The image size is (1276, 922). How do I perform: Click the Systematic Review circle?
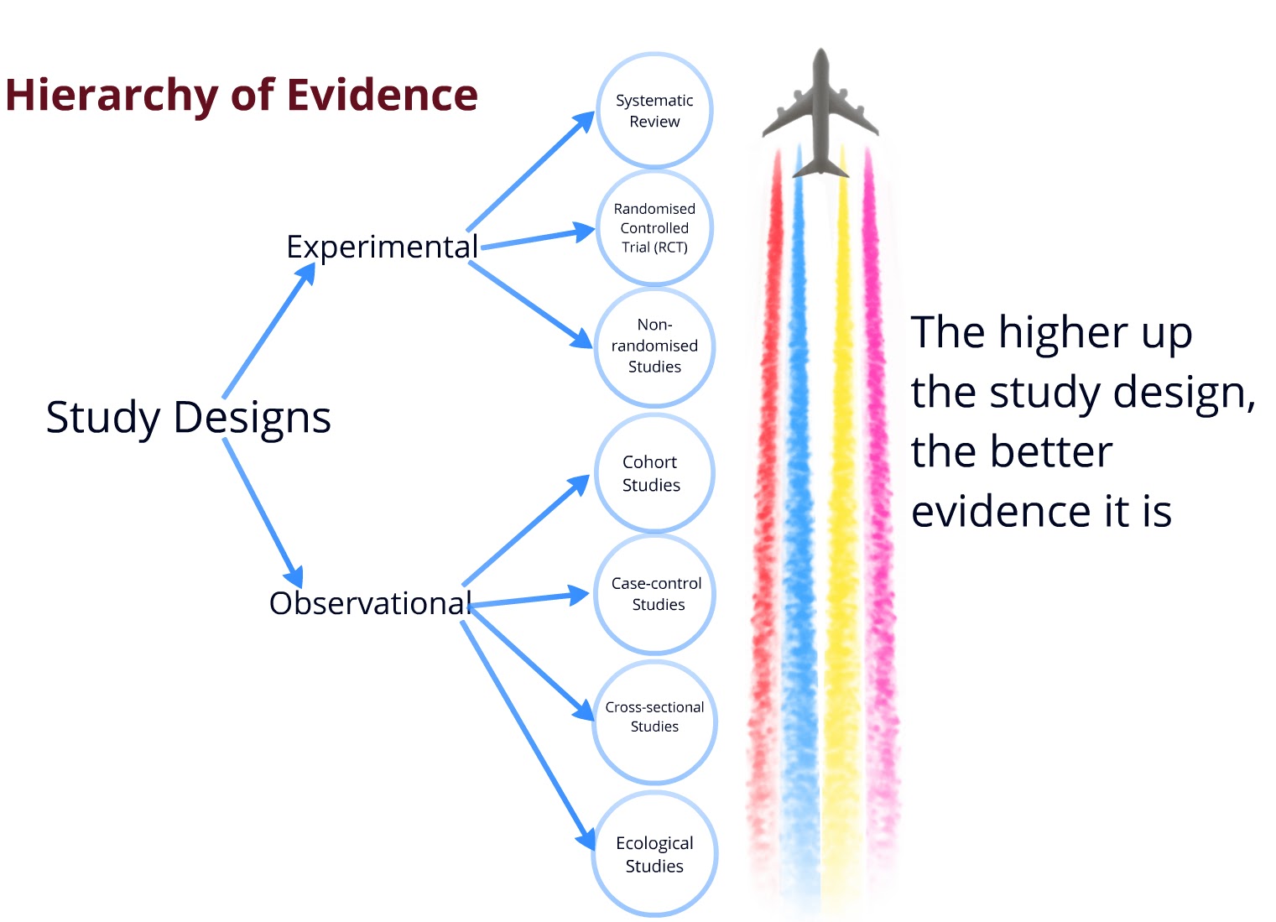coord(654,111)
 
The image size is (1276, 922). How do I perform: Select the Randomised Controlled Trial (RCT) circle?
coord(654,228)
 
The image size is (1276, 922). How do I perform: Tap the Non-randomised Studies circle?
coord(654,346)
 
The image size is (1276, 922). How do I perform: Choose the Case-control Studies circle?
coord(654,594)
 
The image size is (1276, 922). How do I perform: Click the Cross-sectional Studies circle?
coord(654,720)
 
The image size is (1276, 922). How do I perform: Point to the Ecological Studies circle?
coord(654,854)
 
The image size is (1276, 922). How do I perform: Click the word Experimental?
coord(382,247)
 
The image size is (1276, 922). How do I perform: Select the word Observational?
coord(370,603)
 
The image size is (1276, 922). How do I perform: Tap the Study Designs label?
coord(188,418)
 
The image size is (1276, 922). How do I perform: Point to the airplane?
coord(820,113)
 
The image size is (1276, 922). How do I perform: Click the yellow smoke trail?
coord(841,503)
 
